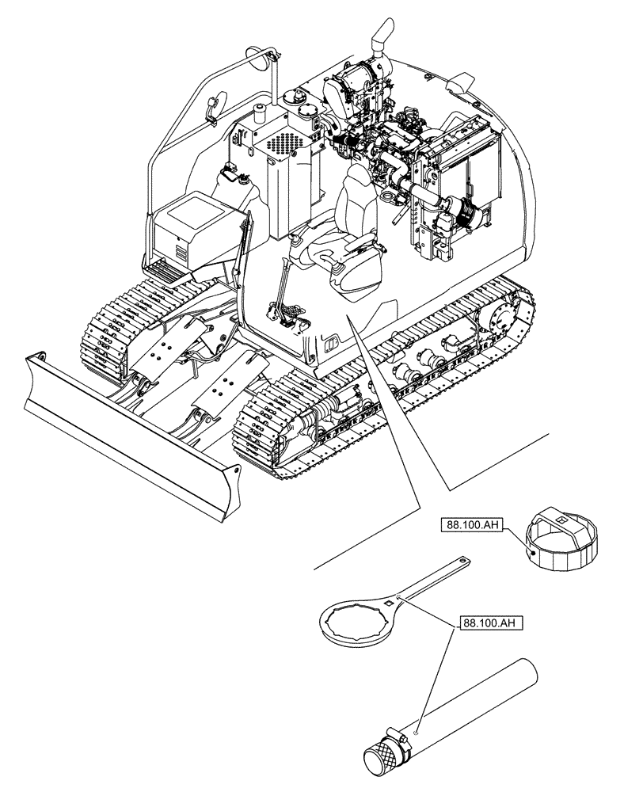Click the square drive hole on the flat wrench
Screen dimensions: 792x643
[x=388, y=607]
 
